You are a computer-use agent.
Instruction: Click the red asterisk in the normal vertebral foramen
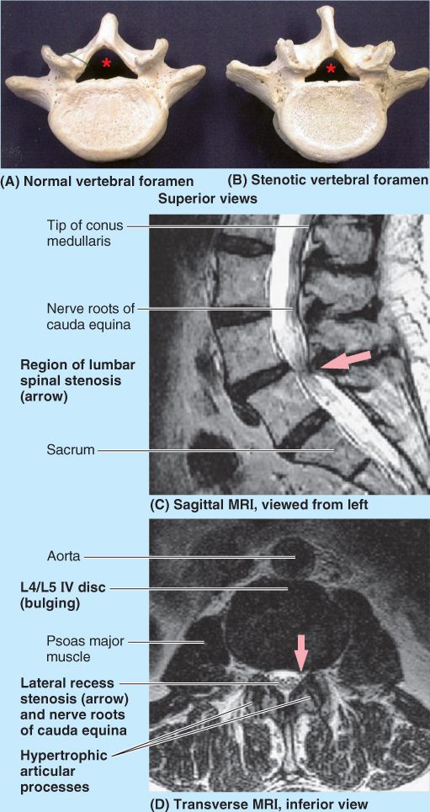tap(107, 63)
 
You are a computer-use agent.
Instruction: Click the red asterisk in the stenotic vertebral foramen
tap(331, 68)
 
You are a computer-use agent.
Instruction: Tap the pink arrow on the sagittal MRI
tap(346, 359)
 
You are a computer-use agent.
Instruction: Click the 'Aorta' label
tap(61, 557)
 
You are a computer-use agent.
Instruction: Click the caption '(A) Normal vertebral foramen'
tap(98, 181)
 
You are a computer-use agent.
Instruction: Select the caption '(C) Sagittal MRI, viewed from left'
tap(259, 506)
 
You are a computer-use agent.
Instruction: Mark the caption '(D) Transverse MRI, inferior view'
tap(259, 804)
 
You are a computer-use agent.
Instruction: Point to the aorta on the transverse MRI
tap(295, 558)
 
